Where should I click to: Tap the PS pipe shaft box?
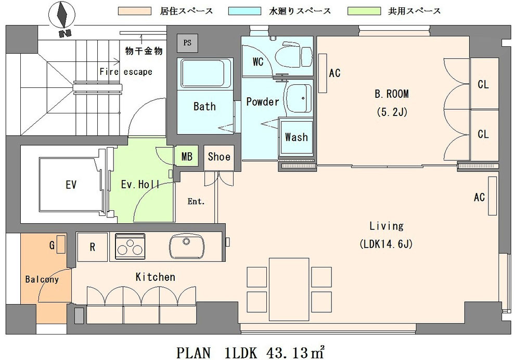tap(188, 43)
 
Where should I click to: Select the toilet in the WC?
tap(293, 56)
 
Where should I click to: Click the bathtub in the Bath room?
tap(205, 74)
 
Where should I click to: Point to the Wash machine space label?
tap(297, 137)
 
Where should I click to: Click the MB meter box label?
tap(187, 157)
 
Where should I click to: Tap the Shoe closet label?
tap(219, 157)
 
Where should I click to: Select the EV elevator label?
tap(71, 185)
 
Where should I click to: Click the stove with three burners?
tap(130, 247)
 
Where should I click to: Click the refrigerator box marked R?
tap(92, 247)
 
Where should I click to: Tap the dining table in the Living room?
tap(289, 289)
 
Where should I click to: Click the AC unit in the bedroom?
tap(323, 73)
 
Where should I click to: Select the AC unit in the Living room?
tap(492, 196)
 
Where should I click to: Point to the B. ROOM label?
tap(392, 94)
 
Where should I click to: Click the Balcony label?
tap(42, 279)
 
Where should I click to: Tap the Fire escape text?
tap(126, 72)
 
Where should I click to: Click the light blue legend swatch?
tap(244, 11)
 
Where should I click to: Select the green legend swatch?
tap(364, 11)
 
